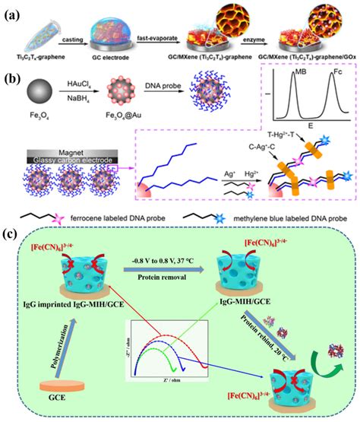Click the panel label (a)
13,11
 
